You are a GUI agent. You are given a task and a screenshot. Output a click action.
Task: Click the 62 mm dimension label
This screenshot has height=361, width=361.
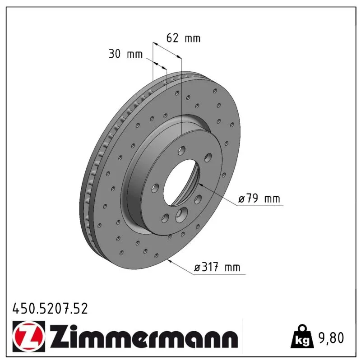tap(183, 38)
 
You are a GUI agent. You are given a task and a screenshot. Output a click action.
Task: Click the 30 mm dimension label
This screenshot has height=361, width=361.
tap(125, 54)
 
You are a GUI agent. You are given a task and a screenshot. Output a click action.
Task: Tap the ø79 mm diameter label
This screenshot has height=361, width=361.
tap(259, 199)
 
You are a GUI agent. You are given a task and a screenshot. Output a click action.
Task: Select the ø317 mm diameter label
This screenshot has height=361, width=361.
tap(217, 267)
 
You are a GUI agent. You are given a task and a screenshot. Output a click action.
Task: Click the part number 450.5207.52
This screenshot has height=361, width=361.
tap(50, 309)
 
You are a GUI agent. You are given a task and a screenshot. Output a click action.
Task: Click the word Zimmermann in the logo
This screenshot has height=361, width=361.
tap(144, 336)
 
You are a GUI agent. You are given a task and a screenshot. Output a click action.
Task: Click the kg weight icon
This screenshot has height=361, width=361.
tap(302, 337)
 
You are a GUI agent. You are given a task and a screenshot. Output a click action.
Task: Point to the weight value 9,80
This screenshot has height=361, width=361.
tap(331, 338)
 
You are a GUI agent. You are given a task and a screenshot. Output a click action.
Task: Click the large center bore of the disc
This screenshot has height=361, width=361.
tap(181, 182)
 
